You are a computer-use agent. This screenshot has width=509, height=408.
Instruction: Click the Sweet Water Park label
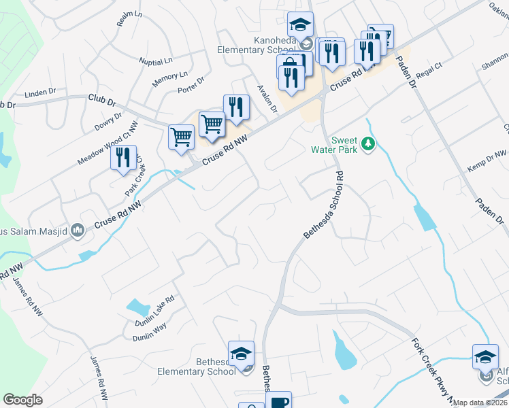[334, 144]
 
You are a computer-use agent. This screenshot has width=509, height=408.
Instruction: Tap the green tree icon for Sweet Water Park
[368, 144]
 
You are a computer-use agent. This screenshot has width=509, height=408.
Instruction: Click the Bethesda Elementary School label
[197, 367]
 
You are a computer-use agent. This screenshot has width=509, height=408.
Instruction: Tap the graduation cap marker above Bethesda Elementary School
[241, 354]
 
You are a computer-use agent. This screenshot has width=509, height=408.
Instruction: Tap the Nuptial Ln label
[157, 61]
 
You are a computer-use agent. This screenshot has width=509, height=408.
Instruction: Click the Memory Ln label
[169, 79]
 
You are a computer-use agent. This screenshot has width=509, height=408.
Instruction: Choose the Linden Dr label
[39, 92]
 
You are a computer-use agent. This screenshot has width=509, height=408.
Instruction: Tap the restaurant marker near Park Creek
[123, 158]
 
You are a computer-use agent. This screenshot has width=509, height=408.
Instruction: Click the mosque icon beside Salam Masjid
[78, 232]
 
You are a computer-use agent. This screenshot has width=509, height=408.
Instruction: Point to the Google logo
[23, 400]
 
